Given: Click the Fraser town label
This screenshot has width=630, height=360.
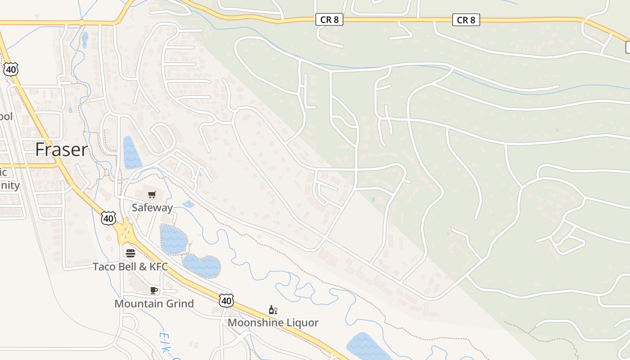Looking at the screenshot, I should [x=61, y=149].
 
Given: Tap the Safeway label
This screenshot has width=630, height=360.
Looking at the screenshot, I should [x=152, y=207].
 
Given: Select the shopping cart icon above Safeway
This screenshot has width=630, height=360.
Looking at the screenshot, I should [x=152, y=195].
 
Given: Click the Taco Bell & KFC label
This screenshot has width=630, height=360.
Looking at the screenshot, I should [x=130, y=266].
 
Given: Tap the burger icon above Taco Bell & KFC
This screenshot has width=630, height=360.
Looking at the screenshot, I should [x=130, y=253].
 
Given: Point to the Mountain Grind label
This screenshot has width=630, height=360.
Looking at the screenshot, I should [x=154, y=303].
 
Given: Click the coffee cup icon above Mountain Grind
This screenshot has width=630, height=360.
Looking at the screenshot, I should [x=154, y=290].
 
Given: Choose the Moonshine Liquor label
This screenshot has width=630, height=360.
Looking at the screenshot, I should [x=273, y=322].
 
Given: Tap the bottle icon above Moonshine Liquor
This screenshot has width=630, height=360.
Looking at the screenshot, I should [x=273, y=310].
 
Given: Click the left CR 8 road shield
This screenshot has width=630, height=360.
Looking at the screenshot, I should [x=329, y=20].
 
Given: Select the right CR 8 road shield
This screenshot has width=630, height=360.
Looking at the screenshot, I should [x=466, y=20].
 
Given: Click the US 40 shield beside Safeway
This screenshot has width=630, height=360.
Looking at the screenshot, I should [x=108, y=218].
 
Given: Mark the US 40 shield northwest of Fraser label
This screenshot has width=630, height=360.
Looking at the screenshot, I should [x=11, y=69].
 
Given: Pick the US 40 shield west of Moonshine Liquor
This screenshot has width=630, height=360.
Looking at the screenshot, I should [x=226, y=300].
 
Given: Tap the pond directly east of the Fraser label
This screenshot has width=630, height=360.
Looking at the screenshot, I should [x=131, y=153].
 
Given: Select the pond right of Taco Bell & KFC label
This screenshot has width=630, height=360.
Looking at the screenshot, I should [x=202, y=265].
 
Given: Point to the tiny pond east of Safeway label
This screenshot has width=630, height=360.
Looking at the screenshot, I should [x=188, y=204].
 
